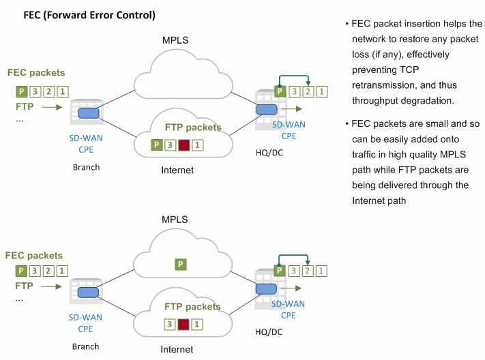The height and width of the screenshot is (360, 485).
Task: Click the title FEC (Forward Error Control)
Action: tap(89, 15)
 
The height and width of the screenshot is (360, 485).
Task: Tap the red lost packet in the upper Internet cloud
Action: tap(183, 145)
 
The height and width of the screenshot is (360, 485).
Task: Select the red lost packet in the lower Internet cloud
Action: tap(183, 325)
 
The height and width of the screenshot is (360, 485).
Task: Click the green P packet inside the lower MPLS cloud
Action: tap(181, 265)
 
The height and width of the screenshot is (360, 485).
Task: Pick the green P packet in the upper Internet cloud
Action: tap(157, 145)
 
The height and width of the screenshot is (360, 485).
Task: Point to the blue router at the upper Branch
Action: tap(89, 113)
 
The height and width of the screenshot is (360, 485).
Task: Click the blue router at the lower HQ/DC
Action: tap(266, 289)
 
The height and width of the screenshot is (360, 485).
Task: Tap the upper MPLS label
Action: tap(175, 40)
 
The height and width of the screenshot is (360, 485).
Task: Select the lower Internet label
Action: tap(177, 350)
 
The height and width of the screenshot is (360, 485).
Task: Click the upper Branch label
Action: tap(87, 167)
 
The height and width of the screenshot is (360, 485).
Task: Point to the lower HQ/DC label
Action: tap(269, 332)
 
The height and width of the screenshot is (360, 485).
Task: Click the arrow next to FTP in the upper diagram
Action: tap(52, 107)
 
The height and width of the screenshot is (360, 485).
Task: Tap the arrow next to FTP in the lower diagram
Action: tap(51, 286)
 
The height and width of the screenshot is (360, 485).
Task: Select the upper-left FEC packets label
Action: tap(36, 73)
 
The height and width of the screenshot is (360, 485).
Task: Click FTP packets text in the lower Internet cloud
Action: tap(192, 307)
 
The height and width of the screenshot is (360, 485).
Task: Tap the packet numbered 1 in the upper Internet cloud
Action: tap(197, 145)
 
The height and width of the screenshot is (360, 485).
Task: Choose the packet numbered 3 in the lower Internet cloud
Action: tap(169, 325)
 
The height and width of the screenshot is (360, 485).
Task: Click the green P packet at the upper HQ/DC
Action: tap(280, 91)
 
